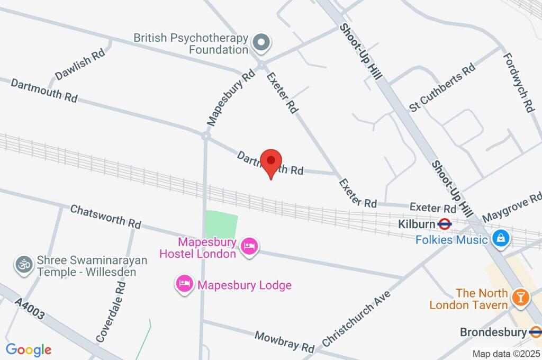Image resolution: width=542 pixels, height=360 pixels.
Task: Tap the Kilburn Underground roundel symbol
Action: [445, 224]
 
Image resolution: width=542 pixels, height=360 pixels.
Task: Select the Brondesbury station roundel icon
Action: [535, 332]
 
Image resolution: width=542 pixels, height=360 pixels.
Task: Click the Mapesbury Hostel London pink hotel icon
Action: [249, 246]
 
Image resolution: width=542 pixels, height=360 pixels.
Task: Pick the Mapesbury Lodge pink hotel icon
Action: [184, 284]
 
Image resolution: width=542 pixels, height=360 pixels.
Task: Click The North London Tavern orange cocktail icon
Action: [521, 298]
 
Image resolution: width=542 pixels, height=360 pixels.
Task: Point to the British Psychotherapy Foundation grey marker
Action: [260, 42]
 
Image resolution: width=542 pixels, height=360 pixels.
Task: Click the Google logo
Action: [29, 350]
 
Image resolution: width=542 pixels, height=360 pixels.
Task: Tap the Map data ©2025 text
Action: [506, 354]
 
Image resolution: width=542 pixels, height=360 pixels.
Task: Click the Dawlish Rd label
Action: [80, 66]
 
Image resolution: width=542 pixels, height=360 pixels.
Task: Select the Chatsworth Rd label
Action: [105, 217]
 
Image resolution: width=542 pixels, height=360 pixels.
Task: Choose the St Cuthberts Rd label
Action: [442, 88]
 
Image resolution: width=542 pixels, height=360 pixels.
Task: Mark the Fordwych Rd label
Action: [518, 82]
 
